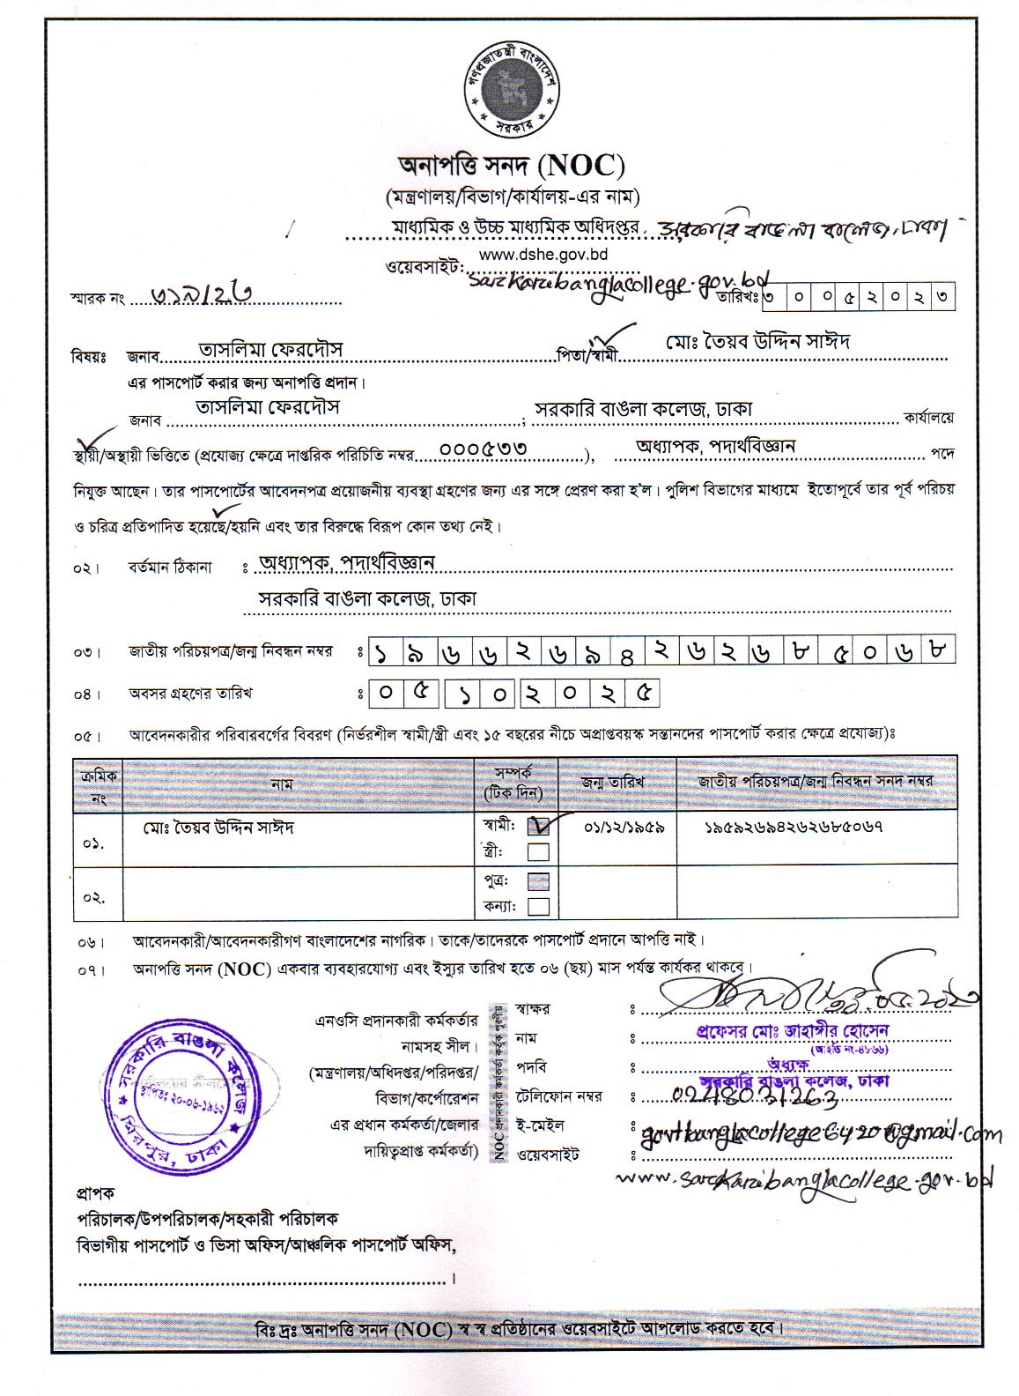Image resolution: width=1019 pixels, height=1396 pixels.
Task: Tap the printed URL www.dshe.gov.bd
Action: point(545,255)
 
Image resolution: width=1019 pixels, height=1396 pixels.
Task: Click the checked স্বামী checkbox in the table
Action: point(538,827)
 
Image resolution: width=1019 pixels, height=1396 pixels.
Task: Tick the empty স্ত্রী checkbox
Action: point(537,851)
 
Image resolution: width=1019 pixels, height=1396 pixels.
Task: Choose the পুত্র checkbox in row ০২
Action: point(538,881)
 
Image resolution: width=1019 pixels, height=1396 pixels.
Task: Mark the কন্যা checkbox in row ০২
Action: point(538,906)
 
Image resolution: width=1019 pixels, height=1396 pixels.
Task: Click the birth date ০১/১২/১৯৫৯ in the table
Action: point(624,828)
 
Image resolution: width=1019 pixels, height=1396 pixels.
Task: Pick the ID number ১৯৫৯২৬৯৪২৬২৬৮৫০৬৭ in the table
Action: point(794,828)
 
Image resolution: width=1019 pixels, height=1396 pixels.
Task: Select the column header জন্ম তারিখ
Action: point(613,782)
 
